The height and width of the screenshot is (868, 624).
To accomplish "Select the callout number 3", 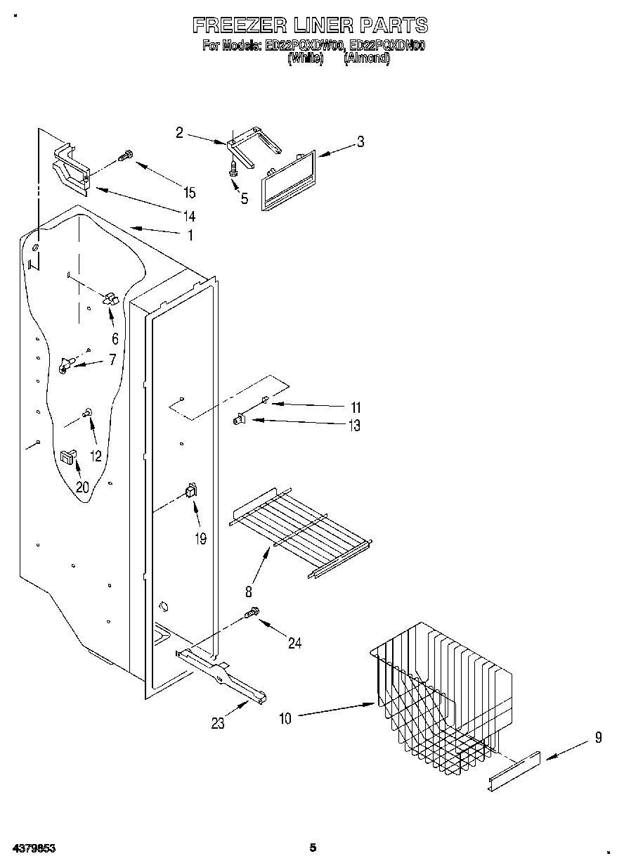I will coord(360,141).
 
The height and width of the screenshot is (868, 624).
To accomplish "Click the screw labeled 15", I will coord(126,156).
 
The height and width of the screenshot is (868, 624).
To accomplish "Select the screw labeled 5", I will coord(233,169).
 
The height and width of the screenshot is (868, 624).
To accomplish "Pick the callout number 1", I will coord(189,236).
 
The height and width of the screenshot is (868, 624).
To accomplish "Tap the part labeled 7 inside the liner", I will coord(67,364).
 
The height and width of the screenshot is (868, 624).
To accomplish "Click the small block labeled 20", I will coord(68,458).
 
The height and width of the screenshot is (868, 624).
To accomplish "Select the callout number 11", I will coord(356,407).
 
